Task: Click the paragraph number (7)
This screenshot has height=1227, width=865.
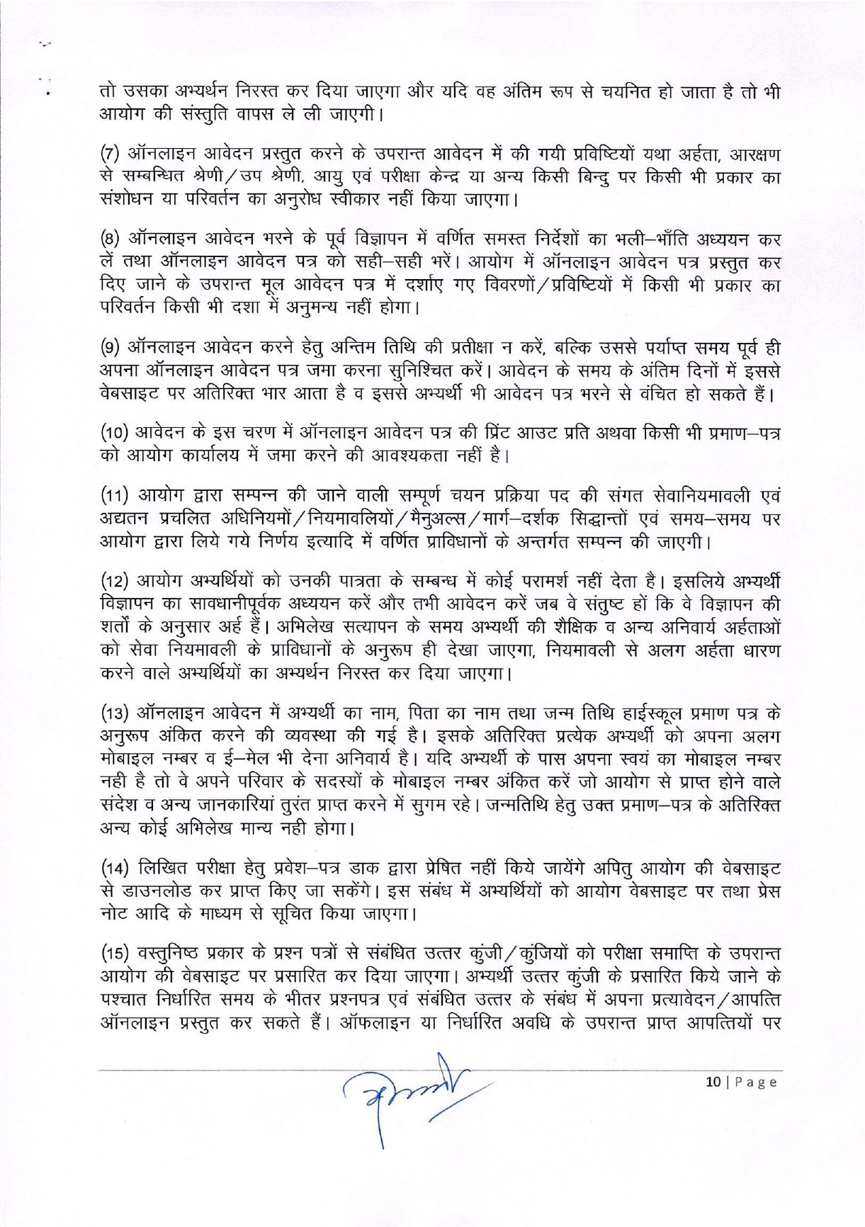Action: pyautogui.click(x=111, y=154)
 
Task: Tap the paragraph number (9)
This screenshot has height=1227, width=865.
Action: pyautogui.click(x=111, y=348)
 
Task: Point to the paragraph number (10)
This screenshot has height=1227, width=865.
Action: pyautogui.click(x=114, y=433)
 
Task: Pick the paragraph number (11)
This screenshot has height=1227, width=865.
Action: pyautogui.click(x=114, y=495)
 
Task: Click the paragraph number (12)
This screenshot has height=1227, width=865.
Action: pyautogui.click(x=114, y=581)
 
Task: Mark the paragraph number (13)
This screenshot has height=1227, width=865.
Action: pyautogui.click(x=114, y=713)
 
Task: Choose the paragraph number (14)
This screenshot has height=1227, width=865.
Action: pyautogui.click(x=114, y=868)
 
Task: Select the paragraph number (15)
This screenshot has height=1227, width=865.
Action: pyautogui.click(x=114, y=954)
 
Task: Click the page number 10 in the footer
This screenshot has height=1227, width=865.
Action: pyautogui.click(x=713, y=1082)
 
